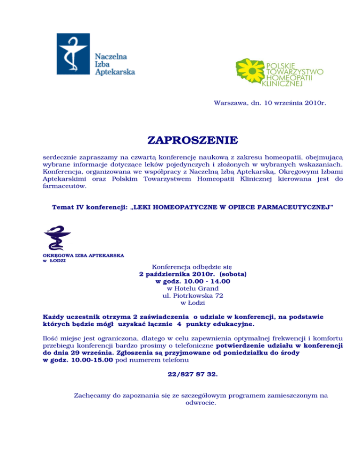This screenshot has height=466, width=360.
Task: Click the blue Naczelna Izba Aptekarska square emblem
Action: (74, 53)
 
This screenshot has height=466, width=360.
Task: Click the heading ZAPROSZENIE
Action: (193, 141)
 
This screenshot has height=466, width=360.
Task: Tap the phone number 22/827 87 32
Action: (192, 375)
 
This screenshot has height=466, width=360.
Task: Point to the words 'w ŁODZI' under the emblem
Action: (51, 261)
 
